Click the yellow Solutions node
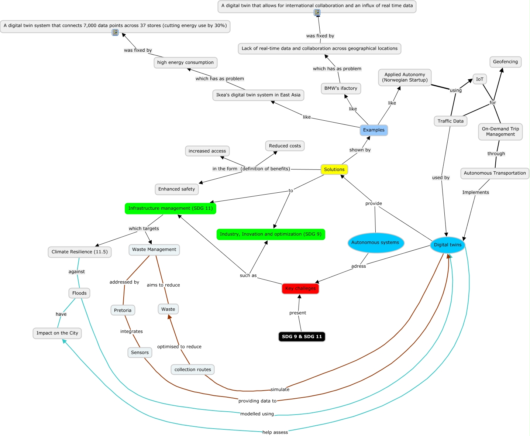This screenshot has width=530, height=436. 334,169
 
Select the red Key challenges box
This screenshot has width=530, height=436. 300,288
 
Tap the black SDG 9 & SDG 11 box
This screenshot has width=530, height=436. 302,337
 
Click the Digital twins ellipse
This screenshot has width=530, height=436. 447,245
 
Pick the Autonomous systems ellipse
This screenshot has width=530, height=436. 375,243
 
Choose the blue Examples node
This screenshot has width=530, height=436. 374,130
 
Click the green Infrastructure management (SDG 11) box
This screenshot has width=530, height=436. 171,208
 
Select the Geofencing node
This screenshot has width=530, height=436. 505,62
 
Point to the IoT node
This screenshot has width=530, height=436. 479,79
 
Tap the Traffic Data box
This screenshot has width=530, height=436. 450,121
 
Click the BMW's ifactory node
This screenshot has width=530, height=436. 341,89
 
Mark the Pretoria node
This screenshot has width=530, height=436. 123,310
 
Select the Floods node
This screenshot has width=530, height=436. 79,293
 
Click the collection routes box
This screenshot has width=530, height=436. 193,370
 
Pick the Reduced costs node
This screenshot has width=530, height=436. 285,146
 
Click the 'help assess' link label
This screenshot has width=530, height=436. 275,432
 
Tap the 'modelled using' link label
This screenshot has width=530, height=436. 257,414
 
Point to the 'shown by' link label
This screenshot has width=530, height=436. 360,150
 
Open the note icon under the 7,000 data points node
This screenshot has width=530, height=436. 115,32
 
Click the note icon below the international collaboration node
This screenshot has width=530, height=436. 317,13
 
